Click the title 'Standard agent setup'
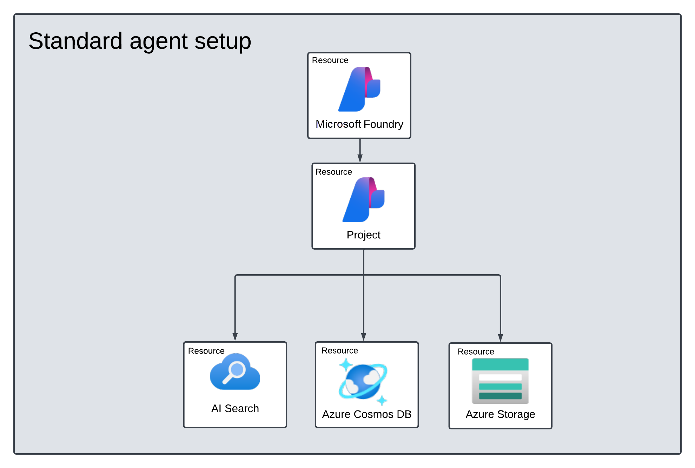(x=140, y=41)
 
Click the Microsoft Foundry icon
(x=359, y=89)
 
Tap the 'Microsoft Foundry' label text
(x=359, y=124)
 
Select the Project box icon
(x=364, y=200)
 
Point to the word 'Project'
(x=364, y=235)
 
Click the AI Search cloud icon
(x=235, y=371)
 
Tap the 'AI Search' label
(x=235, y=408)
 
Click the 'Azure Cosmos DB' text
(x=367, y=414)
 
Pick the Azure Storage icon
(x=500, y=381)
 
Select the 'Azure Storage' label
(x=501, y=415)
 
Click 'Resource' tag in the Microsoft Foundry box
(x=330, y=60)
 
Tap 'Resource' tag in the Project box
(x=334, y=172)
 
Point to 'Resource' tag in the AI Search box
(x=206, y=351)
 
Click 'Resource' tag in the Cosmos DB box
(x=340, y=351)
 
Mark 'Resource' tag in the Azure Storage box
(x=476, y=352)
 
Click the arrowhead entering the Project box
(x=360, y=159)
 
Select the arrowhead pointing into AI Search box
(x=235, y=337)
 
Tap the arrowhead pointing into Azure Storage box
(x=501, y=338)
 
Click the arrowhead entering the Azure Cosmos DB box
(x=364, y=337)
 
